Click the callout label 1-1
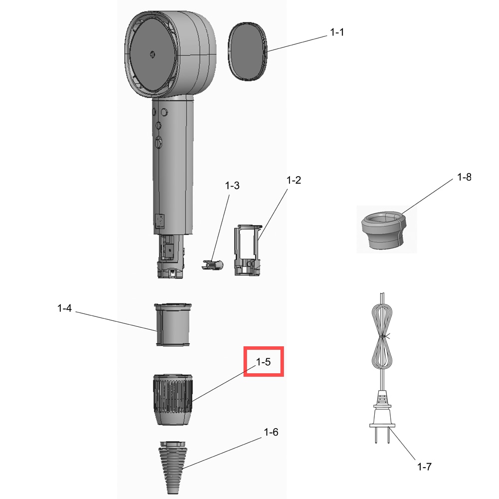click(337, 32)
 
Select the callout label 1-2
click(293, 180)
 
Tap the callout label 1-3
click(232, 186)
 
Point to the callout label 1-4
click(64, 308)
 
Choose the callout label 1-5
click(263, 362)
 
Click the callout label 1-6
click(271, 432)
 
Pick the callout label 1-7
click(424, 467)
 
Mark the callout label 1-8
click(464, 177)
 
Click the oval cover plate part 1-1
click(248, 51)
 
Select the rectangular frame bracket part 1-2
click(248, 250)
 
